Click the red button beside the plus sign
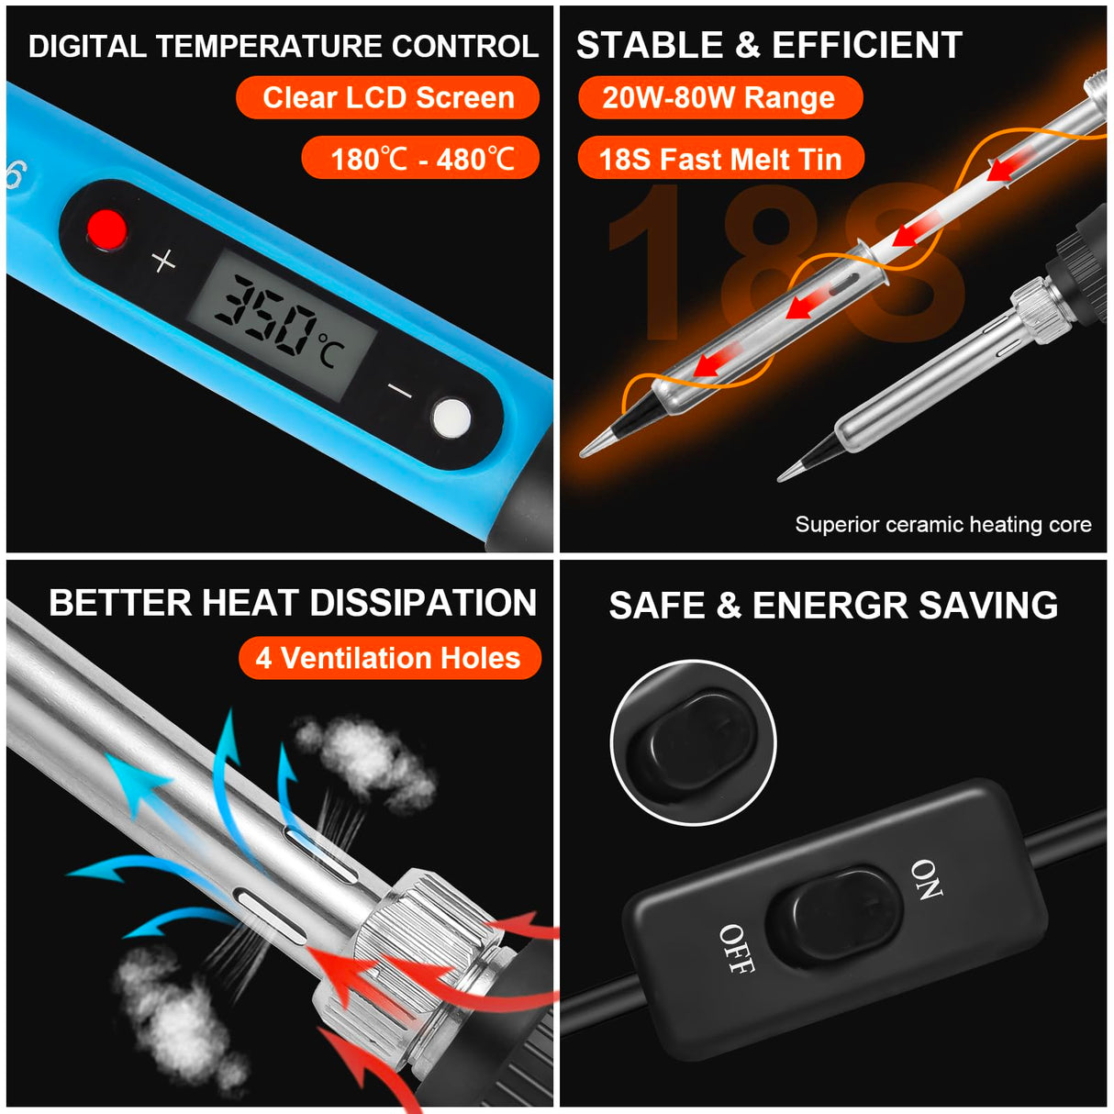[x=106, y=228]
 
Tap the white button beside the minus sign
[x=451, y=418]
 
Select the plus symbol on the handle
[x=163, y=262]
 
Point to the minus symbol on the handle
[x=399, y=392]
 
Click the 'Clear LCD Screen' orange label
[x=387, y=97]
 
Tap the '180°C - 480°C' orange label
[x=421, y=159]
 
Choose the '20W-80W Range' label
[x=719, y=97]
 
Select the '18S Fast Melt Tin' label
[x=720, y=159]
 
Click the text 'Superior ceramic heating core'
[x=942, y=525]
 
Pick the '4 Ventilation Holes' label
[x=389, y=658]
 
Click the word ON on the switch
[x=926, y=879]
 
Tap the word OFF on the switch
[x=736, y=949]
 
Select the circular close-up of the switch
[x=694, y=742]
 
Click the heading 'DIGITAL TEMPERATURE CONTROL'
[x=283, y=46]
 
